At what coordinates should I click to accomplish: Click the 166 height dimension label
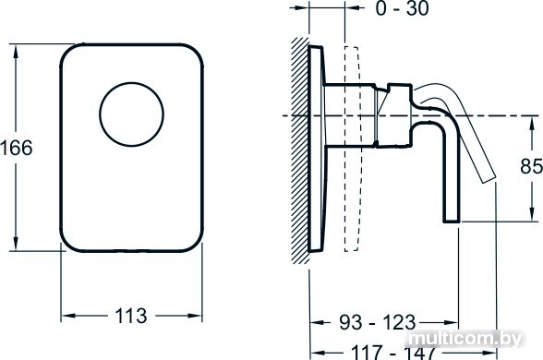(x=17, y=148)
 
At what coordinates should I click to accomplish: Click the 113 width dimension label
(x=131, y=316)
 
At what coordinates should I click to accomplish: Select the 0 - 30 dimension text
(x=402, y=8)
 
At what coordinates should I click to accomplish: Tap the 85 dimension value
(x=531, y=166)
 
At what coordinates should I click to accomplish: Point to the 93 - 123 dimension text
(x=377, y=323)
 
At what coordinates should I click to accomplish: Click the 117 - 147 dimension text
(x=392, y=352)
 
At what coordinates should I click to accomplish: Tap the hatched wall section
(x=300, y=150)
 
